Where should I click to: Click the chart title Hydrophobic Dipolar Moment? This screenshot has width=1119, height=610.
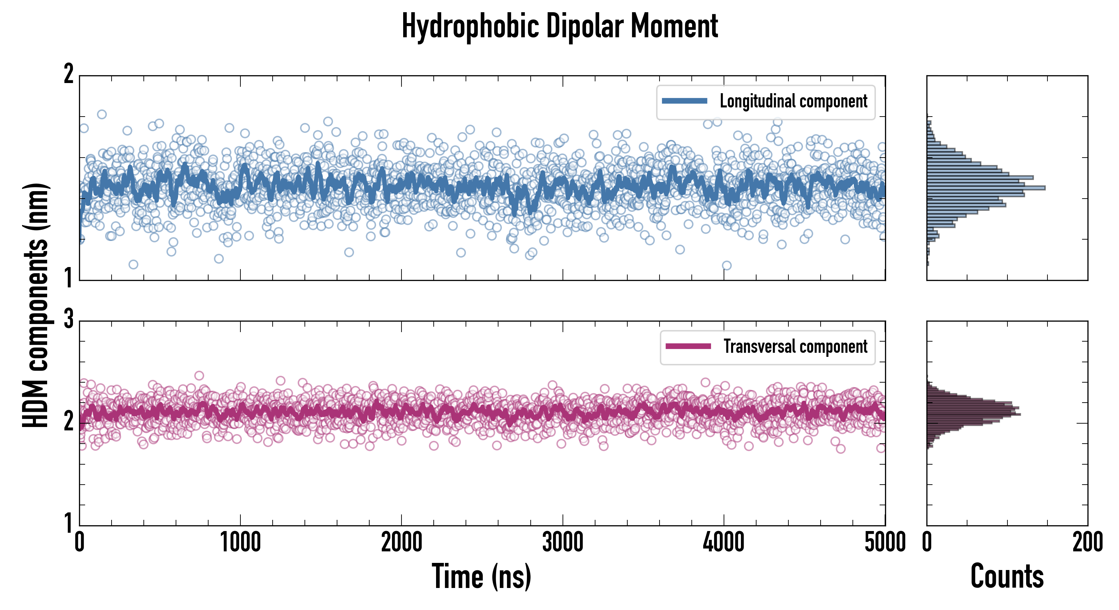559,26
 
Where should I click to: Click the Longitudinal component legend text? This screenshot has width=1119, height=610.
793,101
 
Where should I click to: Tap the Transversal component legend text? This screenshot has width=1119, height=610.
795,346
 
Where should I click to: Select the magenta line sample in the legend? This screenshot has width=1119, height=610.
688,346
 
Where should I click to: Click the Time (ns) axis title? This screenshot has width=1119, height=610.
481,576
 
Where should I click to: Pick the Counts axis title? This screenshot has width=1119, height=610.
1007,576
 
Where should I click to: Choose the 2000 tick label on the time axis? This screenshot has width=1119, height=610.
402,543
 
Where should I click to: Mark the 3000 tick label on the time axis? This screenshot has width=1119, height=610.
563,543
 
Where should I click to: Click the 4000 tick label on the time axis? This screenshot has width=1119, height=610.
724,543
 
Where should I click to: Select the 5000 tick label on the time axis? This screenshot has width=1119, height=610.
885,543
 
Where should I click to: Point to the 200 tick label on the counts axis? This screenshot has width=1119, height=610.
1087,543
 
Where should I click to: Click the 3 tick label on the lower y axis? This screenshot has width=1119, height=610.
68,320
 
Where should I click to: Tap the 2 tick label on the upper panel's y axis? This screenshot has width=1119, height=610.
68,74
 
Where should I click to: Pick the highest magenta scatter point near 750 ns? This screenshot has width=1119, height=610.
199,375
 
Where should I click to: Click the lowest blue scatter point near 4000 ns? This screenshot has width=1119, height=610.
726,265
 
